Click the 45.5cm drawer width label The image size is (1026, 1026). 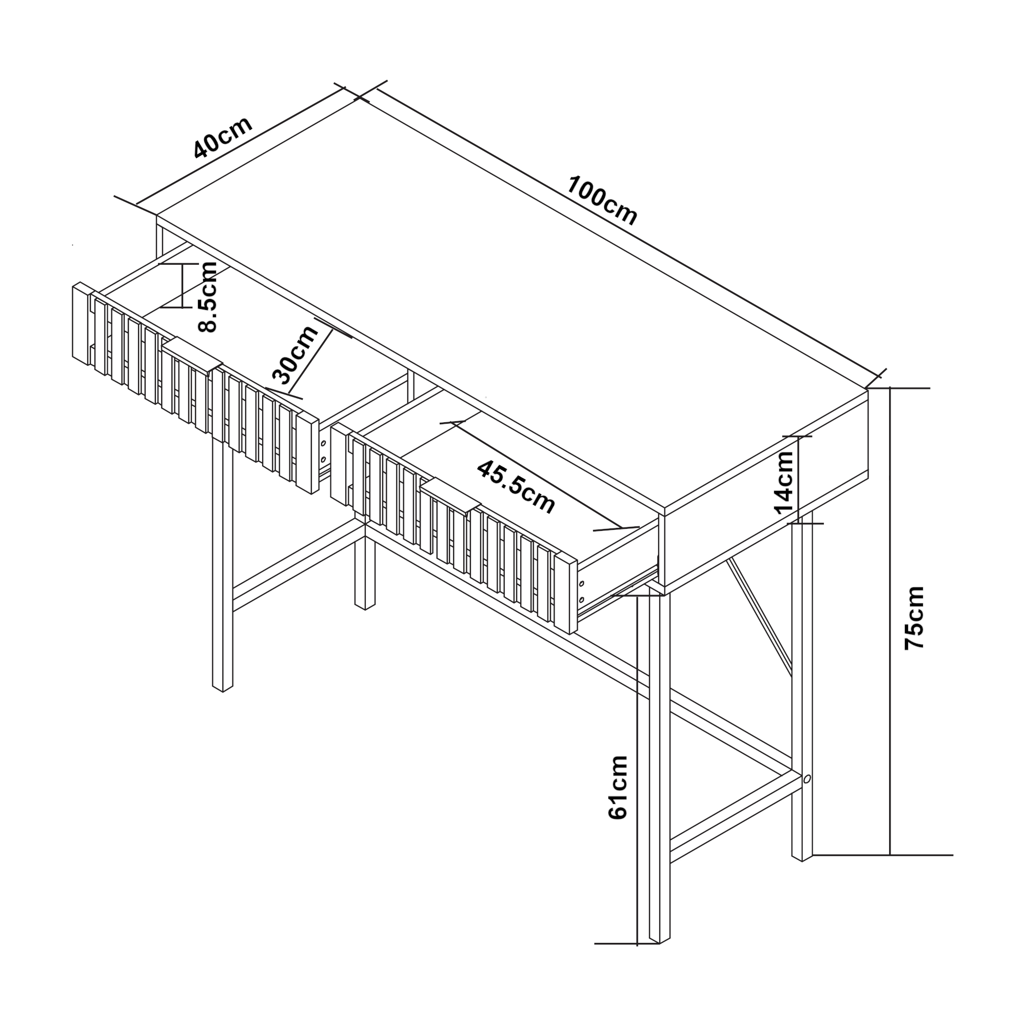[x=516, y=487]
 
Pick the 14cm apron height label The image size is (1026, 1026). [x=784, y=482]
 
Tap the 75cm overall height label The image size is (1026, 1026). [x=915, y=617]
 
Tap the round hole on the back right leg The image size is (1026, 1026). [x=806, y=779]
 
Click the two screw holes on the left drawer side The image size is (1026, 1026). [x=323, y=450]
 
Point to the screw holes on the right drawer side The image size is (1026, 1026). [x=582, y=591]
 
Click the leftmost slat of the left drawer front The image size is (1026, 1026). [x=80, y=323]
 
